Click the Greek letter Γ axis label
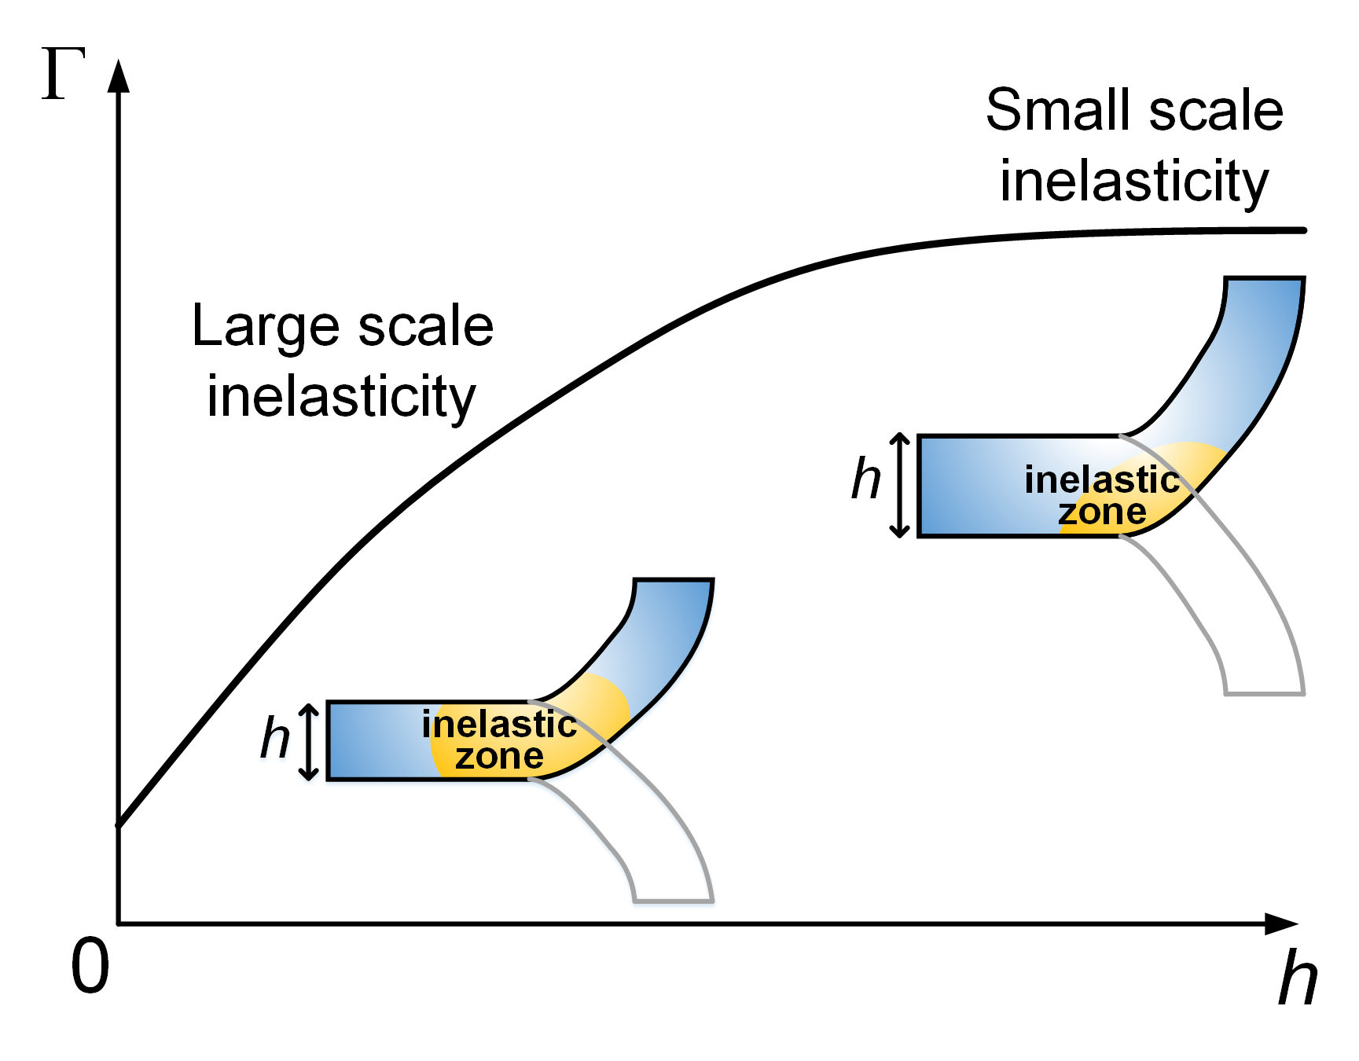[62, 74]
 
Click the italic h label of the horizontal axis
[1297, 978]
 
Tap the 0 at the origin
[90, 967]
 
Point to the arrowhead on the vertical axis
[119, 76]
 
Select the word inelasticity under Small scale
[1134, 182]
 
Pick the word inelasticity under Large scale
[341, 397]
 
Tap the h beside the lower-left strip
[275, 739]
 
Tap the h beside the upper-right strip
[866, 479]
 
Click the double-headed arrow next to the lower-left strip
[310, 741]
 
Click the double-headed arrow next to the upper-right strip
[900, 485]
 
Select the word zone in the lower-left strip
[499, 757]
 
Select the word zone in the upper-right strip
[1102, 512]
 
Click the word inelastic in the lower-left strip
[499, 725]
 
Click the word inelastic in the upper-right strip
[1102, 480]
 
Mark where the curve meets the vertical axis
[119, 824]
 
